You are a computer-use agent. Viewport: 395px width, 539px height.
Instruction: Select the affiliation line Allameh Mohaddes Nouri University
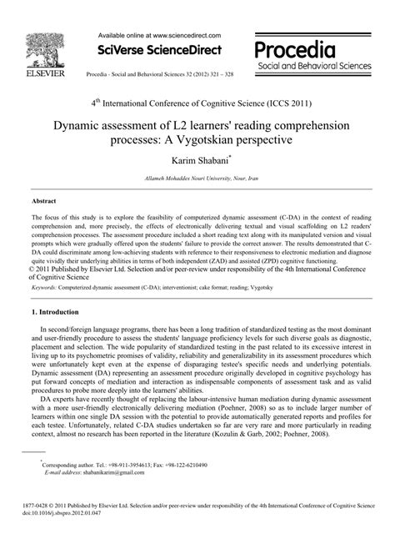click(197, 179)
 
